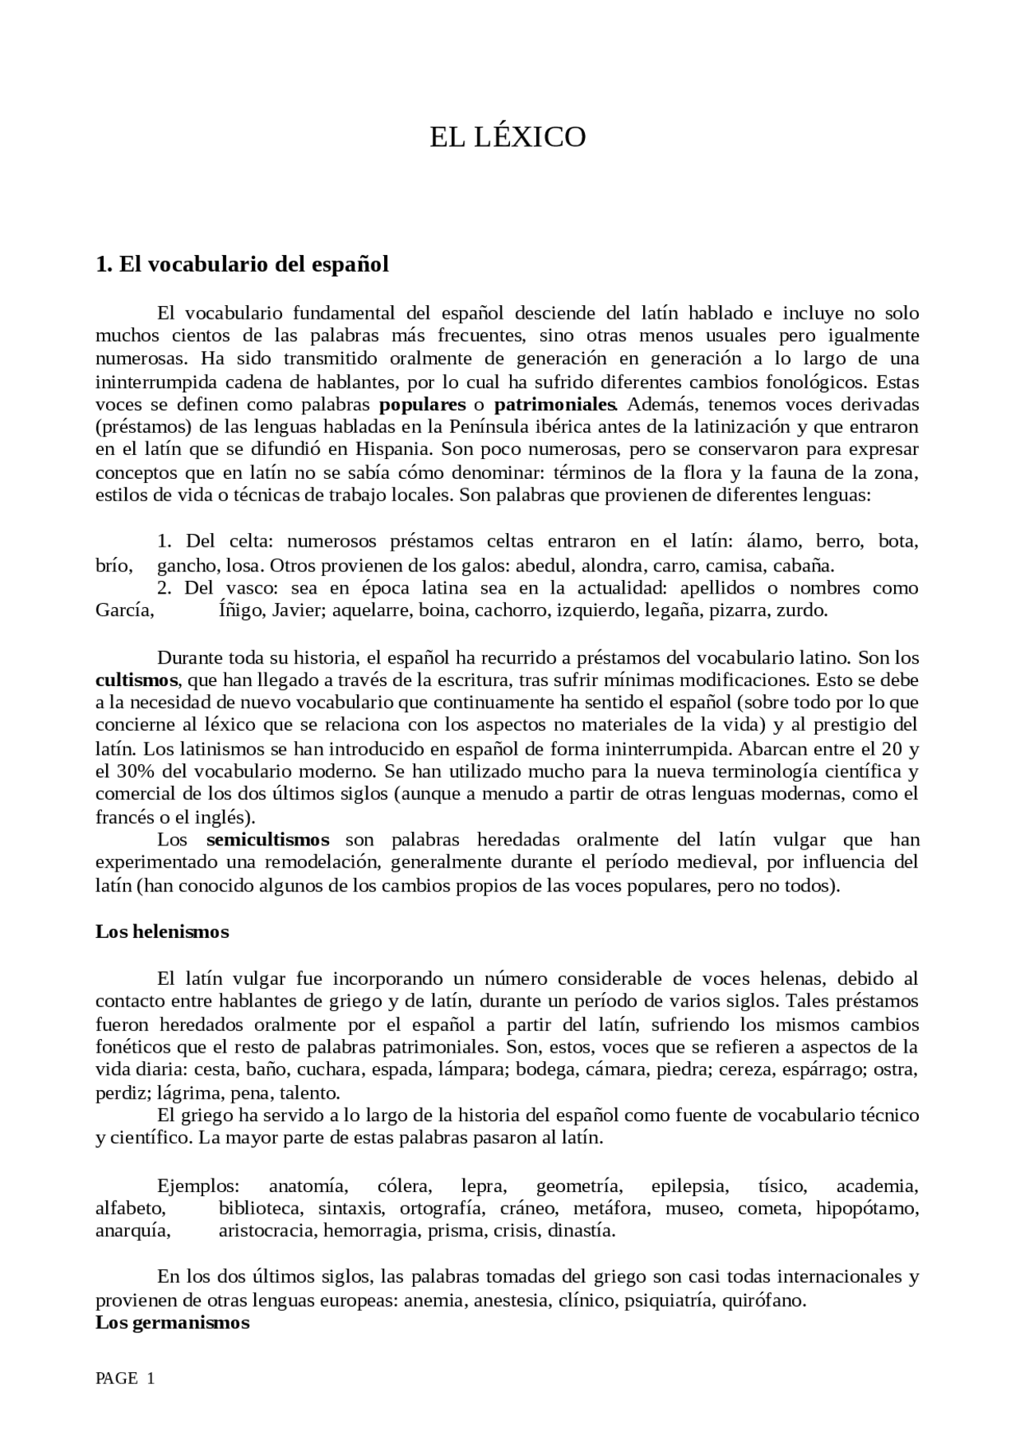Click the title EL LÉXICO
click(x=508, y=138)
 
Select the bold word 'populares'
click(x=422, y=404)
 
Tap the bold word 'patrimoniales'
click(x=555, y=404)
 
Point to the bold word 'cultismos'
click(x=136, y=680)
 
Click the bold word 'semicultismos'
click(x=268, y=839)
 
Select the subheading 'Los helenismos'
click(x=162, y=931)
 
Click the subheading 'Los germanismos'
click(x=172, y=1323)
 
